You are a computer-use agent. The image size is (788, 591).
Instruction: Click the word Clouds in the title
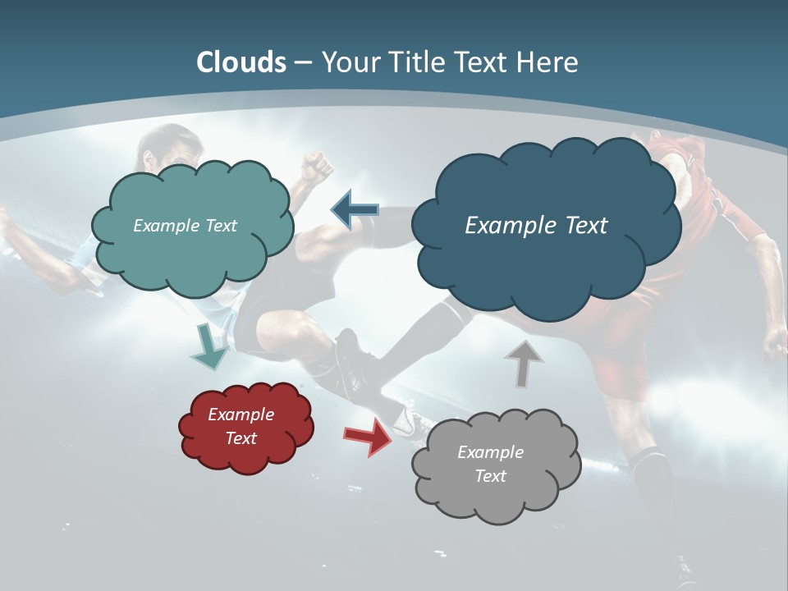tap(241, 62)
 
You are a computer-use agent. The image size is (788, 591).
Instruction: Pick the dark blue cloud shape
tap(546, 254)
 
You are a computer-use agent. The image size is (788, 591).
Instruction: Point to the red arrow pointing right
tap(368, 437)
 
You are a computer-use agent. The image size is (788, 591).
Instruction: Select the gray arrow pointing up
tap(523, 363)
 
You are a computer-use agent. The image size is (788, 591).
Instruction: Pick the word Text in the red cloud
tap(241, 439)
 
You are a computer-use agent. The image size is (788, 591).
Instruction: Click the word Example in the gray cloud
tap(490, 452)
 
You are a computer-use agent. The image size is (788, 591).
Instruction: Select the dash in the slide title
tap(303, 63)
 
